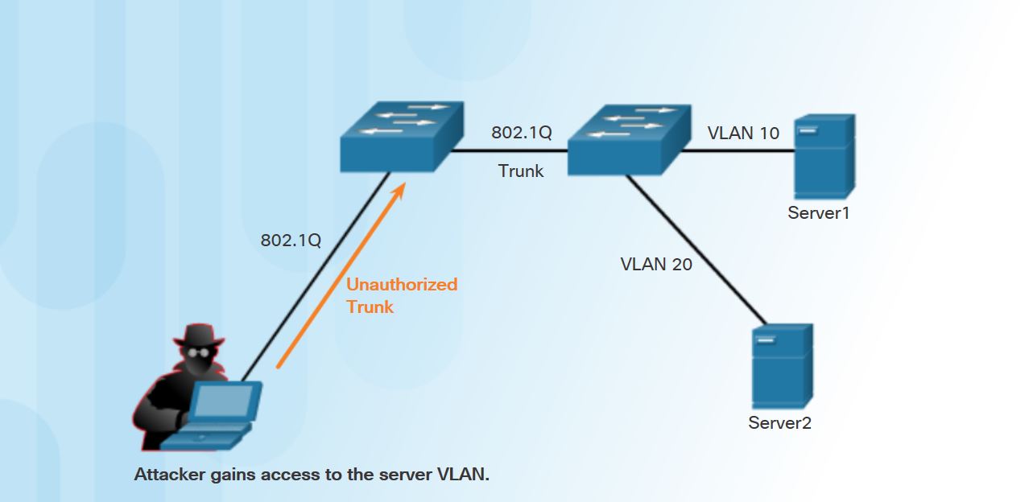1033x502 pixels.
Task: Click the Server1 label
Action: (818, 213)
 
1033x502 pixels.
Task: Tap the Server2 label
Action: (779, 423)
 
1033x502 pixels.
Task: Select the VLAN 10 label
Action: (743, 134)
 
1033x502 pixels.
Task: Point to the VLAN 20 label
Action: (656, 264)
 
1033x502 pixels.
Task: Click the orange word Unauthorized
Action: (401, 285)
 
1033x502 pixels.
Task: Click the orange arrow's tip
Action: (403, 185)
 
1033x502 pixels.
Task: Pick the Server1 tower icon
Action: (823, 157)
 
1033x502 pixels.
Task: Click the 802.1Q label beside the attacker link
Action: (291, 241)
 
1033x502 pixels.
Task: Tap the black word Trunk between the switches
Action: (521, 171)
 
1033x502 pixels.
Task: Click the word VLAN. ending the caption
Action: (463, 475)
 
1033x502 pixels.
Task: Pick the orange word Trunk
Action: (370, 307)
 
